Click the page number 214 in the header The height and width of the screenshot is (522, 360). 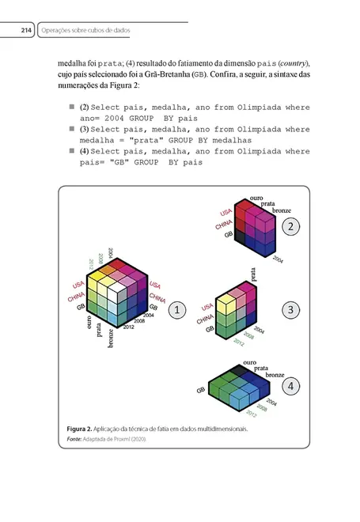click(x=25, y=31)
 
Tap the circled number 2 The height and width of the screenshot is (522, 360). click(x=291, y=227)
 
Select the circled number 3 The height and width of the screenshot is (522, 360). click(x=291, y=310)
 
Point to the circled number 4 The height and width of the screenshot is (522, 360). click(x=292, y=386)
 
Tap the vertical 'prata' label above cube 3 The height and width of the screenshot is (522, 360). click(x=254, y=275)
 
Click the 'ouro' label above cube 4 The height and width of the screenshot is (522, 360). click(x=249, y=361)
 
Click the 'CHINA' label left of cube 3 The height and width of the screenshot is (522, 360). click(x=205, y=320)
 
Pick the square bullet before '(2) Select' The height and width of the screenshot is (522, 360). click(x=70, y=105)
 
